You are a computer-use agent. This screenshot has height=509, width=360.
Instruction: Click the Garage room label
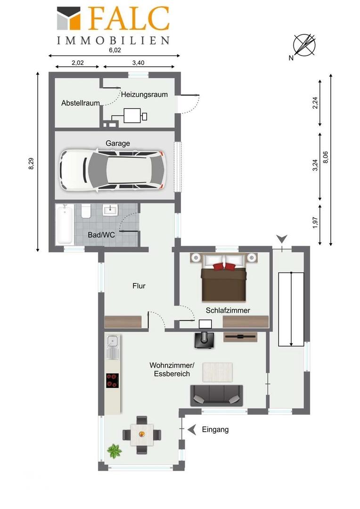pos(118,143)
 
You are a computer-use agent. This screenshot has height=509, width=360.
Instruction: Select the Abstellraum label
pos(81,103)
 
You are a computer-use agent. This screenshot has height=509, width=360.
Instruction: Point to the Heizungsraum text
pos(145,94)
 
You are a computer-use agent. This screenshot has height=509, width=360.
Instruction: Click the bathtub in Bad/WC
pos(64,224)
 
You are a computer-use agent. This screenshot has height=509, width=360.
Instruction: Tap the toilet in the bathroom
pos(86,211)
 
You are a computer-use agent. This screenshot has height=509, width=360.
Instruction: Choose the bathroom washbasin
pos(110,210)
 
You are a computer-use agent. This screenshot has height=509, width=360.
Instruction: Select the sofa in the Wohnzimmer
pos(217,395)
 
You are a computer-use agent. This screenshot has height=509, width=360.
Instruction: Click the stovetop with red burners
pos(113,380)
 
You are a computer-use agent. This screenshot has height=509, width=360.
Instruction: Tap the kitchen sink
pos(113,347)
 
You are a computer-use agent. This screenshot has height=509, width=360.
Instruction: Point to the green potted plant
pos(114,451)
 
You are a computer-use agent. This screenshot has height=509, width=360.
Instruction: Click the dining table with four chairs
pos(142,435)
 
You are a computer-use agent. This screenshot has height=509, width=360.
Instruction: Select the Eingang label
pos(215,429)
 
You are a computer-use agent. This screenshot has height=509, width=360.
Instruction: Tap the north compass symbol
pos(304,46)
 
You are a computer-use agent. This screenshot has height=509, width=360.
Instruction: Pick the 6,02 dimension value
pos(115,50)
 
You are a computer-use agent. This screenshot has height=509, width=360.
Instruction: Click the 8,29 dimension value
pos(31,163)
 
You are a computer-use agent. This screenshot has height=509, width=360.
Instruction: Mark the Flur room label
pos(139,286)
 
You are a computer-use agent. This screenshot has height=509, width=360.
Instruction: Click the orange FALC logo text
pos(129,19)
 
